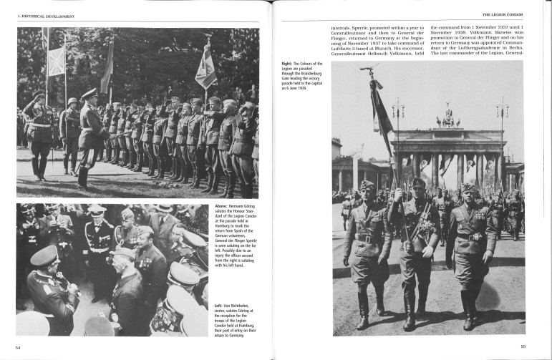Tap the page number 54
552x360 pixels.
click(x=18, y=347)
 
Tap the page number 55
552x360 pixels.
click(x=523, y=347)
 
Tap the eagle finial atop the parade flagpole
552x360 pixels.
click(x=369, y=69)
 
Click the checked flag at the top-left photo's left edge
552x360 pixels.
click(x=57, y=61)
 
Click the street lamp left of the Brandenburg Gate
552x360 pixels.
click(x=398, y=107)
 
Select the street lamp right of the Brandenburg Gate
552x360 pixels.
click(x=503, y=107)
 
